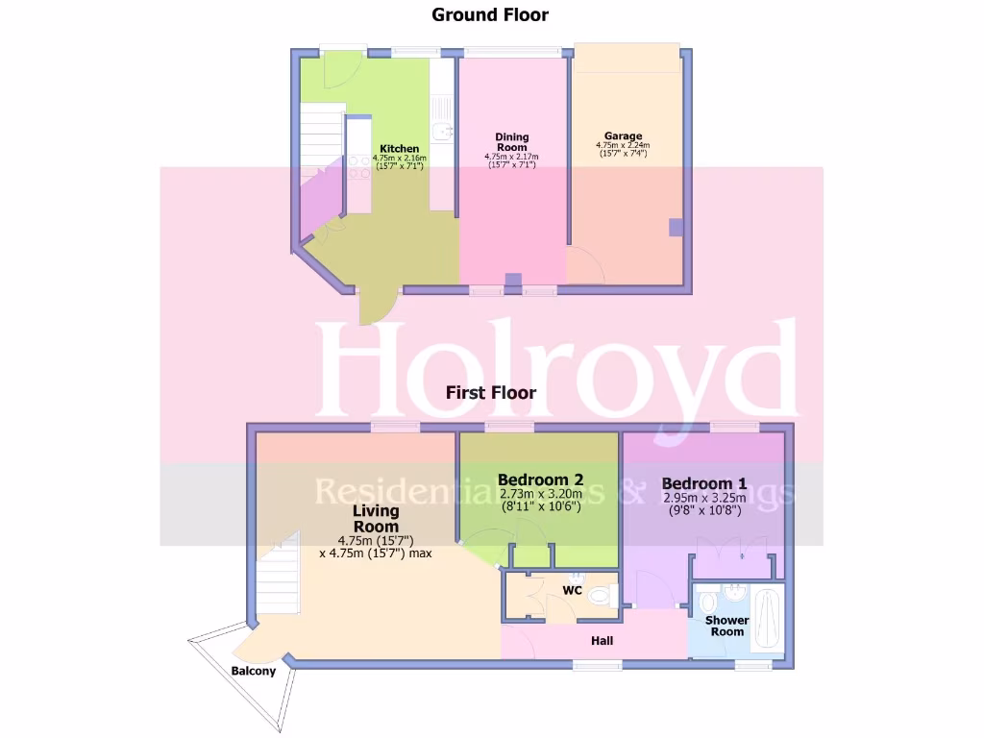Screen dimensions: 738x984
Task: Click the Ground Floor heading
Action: pos(490,14)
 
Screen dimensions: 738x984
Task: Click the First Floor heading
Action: pos(490,393)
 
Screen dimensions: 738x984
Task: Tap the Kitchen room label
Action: pos(399,148)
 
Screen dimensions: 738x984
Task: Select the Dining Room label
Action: pos(512,142)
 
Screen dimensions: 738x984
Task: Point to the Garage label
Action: pos(623,136)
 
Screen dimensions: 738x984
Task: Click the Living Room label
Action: pos(375,519)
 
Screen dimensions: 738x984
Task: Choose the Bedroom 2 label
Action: pos(540,480)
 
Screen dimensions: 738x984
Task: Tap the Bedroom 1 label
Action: pos(704,483)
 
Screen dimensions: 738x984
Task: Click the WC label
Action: pos(574,589)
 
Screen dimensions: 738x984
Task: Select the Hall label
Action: pos(603,641)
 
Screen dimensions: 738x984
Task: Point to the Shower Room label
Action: pos(727,626)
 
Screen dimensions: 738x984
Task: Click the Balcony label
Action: pos(253,671)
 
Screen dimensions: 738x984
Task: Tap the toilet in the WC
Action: pos(603,597)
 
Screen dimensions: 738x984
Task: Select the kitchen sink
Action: pos(440,132)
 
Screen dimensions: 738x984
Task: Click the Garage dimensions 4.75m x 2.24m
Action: pos(623,148)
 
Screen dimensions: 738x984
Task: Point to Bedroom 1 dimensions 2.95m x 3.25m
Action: pos(704,499)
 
